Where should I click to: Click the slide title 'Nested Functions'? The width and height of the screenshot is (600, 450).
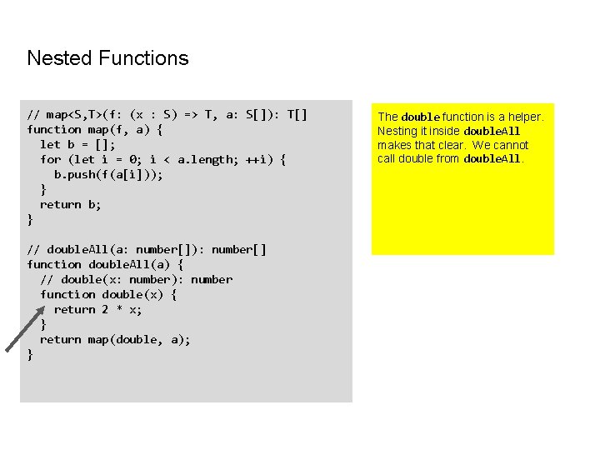(x=107, y=58)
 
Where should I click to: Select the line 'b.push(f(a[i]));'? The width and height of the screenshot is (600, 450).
(x=108, y=174)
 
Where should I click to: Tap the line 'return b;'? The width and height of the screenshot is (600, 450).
(x=71, y=204)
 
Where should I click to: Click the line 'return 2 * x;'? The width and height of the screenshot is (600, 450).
(x=97, y=309)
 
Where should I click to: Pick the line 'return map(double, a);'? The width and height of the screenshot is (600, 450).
(x=115, y=339)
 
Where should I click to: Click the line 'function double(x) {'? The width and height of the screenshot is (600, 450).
(x=108, y=294)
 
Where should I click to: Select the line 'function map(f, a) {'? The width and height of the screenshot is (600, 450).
(x=95, y=129)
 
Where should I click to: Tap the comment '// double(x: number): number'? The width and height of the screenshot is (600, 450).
(x=136, y=279)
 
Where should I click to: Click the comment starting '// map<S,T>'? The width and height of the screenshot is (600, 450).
(x=167, y=114)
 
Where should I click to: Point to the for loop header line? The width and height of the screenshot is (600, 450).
(x=163, y=159)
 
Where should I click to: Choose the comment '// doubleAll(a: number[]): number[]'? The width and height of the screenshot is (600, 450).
(x=147, y=249)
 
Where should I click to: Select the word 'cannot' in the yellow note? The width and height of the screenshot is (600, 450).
(x=511, y=145)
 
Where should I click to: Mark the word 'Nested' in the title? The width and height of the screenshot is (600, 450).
(x=60, y=58)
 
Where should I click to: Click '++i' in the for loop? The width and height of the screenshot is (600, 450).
(x=256, y=159)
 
